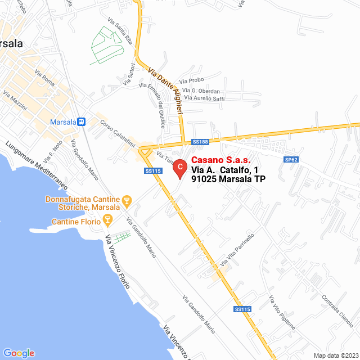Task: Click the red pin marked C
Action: pyautogui.click(x=179, y=167)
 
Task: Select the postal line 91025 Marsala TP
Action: pyautogui.click(x=228, y=179)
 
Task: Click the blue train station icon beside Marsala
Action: pyautogui.click(x=82, y=121)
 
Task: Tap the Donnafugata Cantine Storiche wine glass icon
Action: pyautogui.click(x=127, y=200)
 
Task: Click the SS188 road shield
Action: pyautogui.click(x=200, y=142)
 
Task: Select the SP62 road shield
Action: pyautogui.click(x=291, y=160)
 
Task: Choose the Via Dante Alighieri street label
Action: pyautogui.click(x=166, y=91)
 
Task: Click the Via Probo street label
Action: pyautogui.click(x=191, y=82)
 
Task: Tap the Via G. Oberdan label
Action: pyautogui.click(x=201, y=91)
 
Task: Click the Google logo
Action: pyautogui.click(x=19, y=353)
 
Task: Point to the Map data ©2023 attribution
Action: pyautogui.click(x=335, y=355)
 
